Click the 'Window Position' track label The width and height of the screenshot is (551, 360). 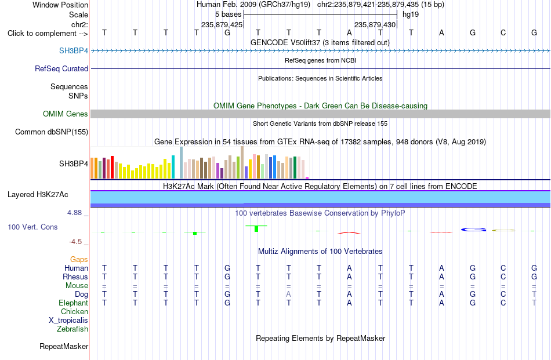(60, 5)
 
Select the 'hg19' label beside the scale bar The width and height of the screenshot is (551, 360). (411, 14)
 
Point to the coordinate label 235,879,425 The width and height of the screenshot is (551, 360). (222, 24)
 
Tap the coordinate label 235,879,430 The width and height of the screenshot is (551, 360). (375, 24)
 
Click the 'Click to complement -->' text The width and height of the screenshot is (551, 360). (48, 34)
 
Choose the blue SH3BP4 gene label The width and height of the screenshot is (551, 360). (74, 50)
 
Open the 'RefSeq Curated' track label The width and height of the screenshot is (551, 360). (61, 68)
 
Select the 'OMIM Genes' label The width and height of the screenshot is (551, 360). (66, 114)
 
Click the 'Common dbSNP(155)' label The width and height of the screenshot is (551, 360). (52, 132)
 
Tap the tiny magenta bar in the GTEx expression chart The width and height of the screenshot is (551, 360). (307, 178)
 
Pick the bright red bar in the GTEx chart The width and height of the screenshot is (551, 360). (112, 167)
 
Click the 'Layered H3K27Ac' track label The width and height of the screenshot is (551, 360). (38, 195)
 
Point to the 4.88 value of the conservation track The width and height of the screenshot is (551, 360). (74, 213)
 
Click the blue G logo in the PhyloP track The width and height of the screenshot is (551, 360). (473, 230)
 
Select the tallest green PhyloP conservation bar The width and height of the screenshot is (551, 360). (256, 228)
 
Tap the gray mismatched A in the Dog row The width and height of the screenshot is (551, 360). (288, 294)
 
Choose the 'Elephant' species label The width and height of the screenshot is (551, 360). (74, 303)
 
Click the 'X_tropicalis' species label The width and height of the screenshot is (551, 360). (68, 321)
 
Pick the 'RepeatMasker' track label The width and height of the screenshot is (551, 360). (64, 346)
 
